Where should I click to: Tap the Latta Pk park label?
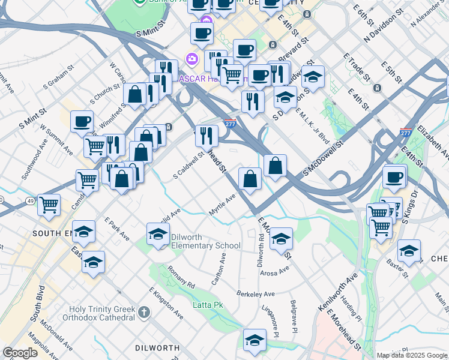point(208,305)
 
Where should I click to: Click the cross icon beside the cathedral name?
point(143,312)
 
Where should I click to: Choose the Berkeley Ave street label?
point(255,294)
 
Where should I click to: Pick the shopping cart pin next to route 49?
point(49,204)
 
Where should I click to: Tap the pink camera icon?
point(192,59)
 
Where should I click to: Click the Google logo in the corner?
point(20,353)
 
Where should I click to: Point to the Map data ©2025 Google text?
point(412,355)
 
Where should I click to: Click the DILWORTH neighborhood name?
point(157,348)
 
